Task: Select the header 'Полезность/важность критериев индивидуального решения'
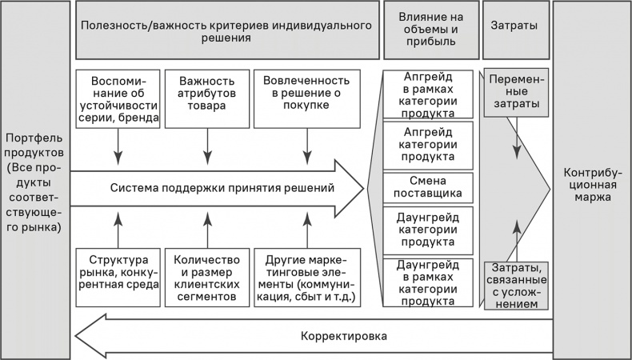(x=227, y=31)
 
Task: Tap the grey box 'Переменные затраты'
(x=516, y=93)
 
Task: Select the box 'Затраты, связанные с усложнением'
(x=516, y=286)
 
